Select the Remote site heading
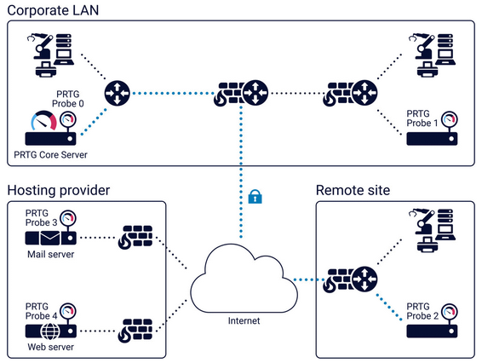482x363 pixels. click(353, 189)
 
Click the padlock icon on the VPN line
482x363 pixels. click(253, 198)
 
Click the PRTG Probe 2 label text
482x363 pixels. click(422, 311)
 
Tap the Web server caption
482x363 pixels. click(50, 347)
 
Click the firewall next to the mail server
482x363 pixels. click(135, 239)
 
